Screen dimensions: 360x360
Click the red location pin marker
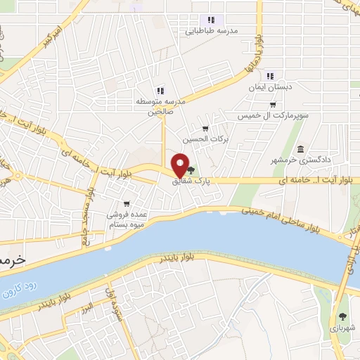pos(181,167)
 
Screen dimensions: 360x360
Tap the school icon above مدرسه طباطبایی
pos(210,20)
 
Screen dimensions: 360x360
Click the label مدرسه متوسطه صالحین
pos(160,106)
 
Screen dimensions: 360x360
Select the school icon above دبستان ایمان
pos(271,77)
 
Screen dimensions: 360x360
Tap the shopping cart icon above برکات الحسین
pos(205,128)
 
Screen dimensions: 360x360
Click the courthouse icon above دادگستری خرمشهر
pos(300,149)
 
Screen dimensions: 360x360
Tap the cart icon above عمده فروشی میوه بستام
pos(126,203)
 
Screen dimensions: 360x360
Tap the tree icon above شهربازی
pos(342,316)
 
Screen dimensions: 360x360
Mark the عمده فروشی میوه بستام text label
pos(127,219)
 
